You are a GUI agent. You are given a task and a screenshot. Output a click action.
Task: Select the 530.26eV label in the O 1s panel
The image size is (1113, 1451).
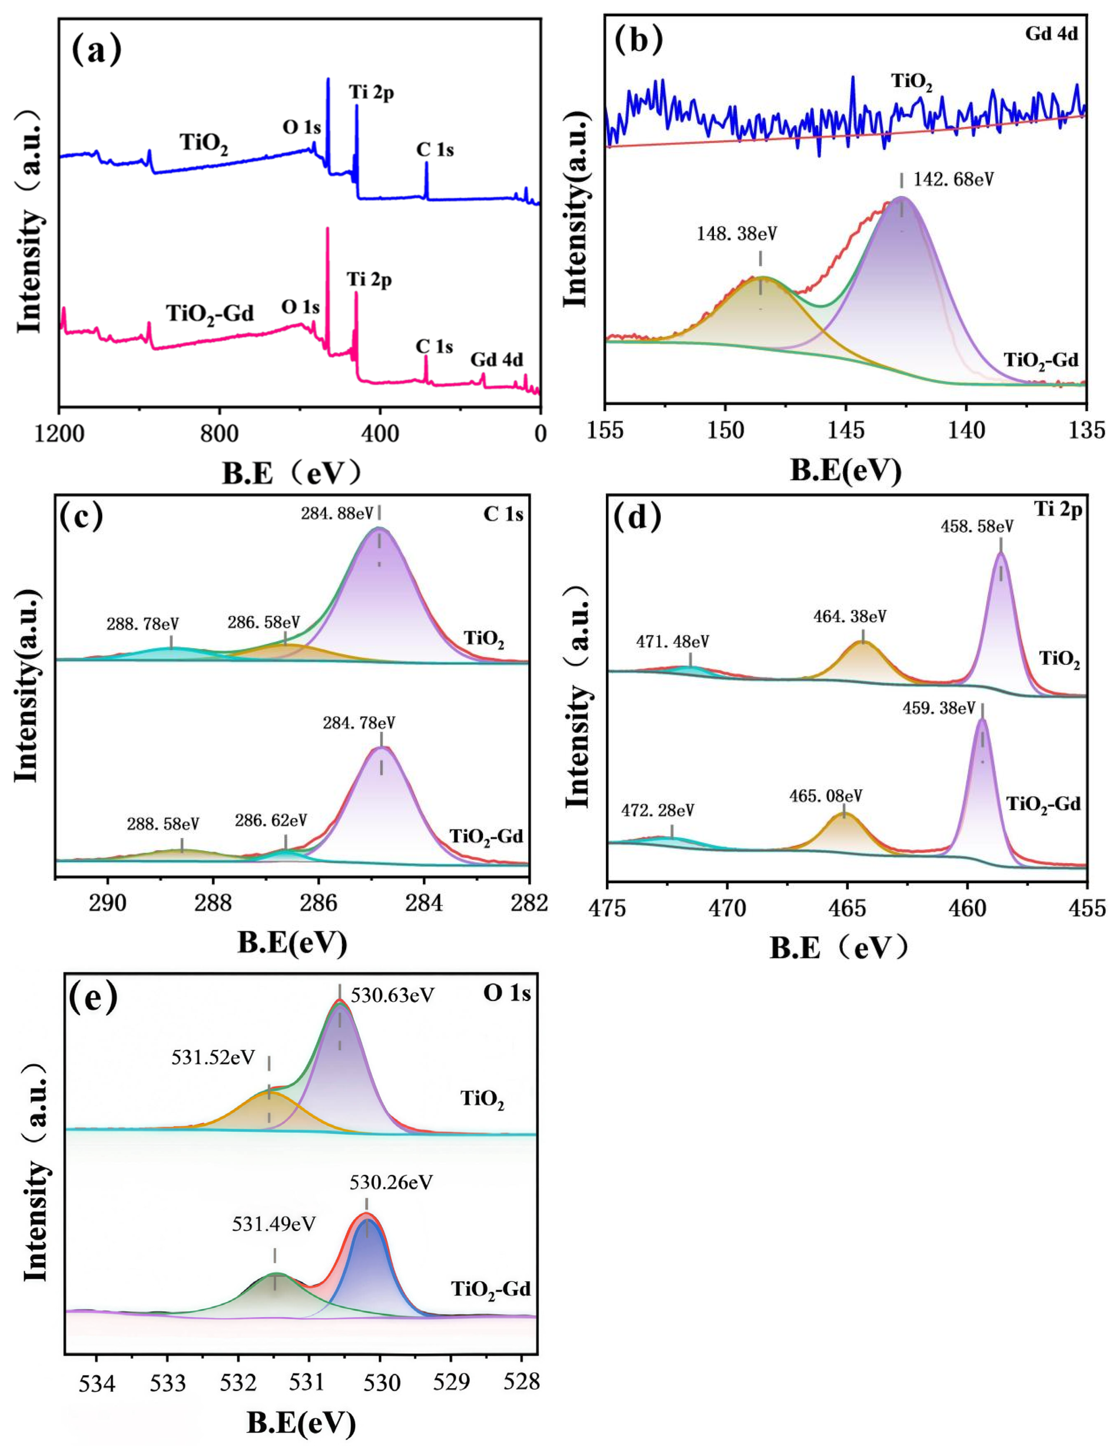pos(391,1182)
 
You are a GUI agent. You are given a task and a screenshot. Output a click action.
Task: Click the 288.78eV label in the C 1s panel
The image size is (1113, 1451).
pos(142,624)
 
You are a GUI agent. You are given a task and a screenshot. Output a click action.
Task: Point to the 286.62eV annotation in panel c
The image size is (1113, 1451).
pos(271,820)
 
